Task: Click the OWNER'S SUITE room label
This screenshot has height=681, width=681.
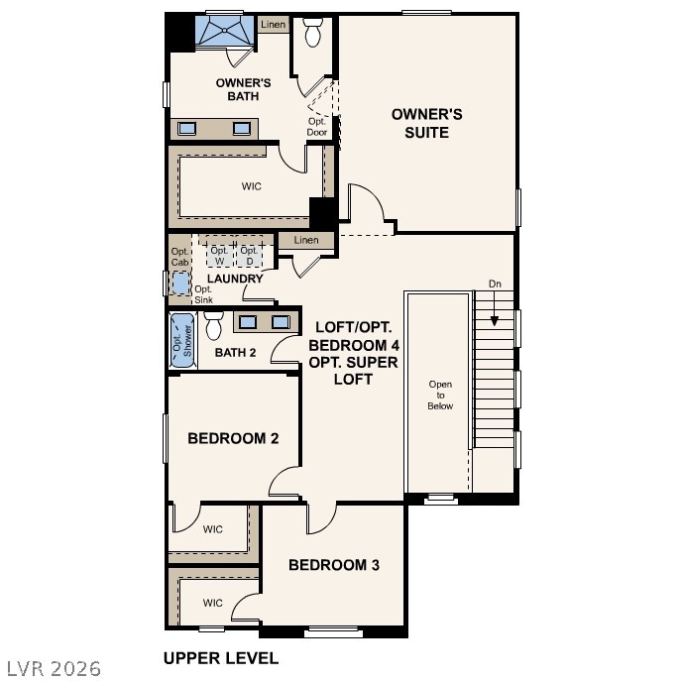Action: pyautogui.click(x=426, y=123)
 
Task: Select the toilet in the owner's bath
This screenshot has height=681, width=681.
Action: pyautogui.click(x=314, y=34)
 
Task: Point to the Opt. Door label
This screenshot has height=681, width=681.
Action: pyautogui.click(x=316, y=126)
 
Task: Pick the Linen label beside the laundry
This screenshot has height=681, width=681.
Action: pyautogui.click(x=306, y=241)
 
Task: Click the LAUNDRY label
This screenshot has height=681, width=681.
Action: pyautogui.click(x=235, y=279)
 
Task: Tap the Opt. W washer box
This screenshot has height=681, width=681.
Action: pyautogui.click(x=219, y=256)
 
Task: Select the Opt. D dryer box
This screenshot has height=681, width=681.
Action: pyautogui.click(x=250, y=256)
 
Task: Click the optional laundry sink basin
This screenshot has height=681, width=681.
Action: pyautogui.click(x=179, y=284)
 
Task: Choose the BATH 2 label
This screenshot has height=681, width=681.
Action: pyautogui.click(x=235, y=352)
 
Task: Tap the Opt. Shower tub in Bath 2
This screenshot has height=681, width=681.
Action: pyautogui.click(x=180, y=340)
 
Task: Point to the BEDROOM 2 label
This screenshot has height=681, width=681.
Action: pyautogui.click(x=233, y=438)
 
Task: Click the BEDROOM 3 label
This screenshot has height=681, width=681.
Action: pyautogui.click(x=334, y=565)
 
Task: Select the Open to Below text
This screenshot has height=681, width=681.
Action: pyautogui.click(x=440, y=395)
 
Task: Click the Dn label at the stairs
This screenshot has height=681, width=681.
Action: pyautogui.click(x=495, y=284)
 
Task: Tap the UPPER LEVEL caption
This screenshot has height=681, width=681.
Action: pyautogui.click(x=220, y=658)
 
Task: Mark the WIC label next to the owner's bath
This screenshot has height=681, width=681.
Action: pyautogui.click(x=251, y=186)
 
